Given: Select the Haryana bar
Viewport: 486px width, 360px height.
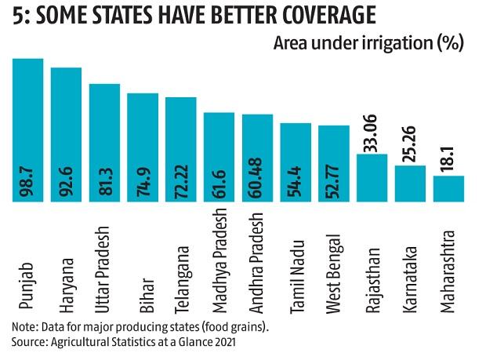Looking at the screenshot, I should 66,134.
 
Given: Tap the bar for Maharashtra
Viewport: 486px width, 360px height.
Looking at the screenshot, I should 449,188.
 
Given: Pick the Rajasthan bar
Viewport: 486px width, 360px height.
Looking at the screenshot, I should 372,177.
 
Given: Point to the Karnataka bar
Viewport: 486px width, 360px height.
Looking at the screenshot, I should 411,184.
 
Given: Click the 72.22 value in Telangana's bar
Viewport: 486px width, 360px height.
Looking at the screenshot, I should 181,178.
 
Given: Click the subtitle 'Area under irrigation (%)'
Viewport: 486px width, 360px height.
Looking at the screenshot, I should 368,42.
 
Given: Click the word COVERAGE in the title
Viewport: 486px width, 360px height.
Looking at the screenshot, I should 314,15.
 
